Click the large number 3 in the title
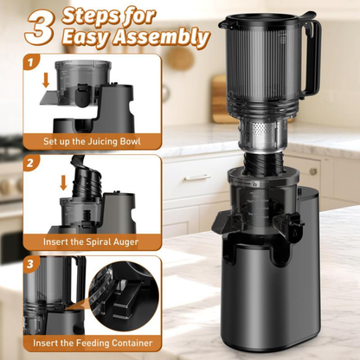tap(41, 28)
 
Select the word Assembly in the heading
tap(170, 38)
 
